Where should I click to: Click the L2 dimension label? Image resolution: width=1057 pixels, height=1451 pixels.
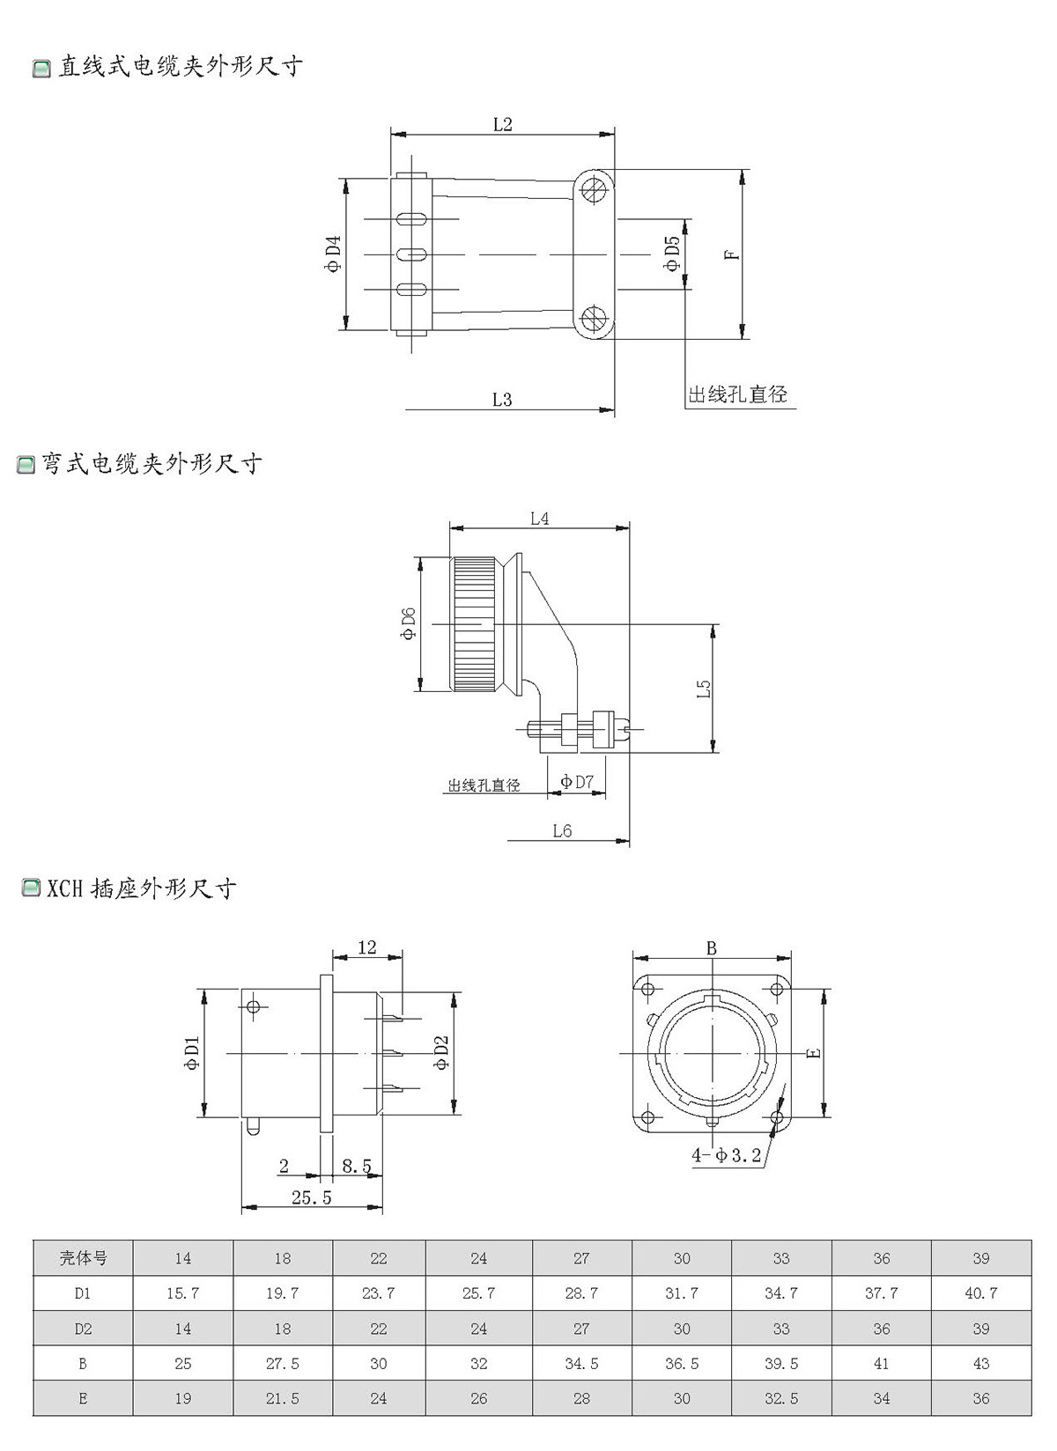click(x=502, y=124)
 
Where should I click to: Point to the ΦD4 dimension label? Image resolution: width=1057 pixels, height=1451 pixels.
click(x=333, y=254)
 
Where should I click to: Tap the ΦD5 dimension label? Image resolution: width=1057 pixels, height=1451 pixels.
click(x=672, y=254)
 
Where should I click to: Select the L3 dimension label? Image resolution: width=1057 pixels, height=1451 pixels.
click(x=502, y=399)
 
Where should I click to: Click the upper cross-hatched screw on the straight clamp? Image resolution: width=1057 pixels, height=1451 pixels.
click(x=593, y=189)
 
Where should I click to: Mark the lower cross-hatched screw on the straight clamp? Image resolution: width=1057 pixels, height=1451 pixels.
click(x=593, y=319)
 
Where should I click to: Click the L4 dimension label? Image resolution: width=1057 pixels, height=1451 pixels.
click(x=539, y=519)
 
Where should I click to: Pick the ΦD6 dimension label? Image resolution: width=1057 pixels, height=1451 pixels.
click(x=408, y=623)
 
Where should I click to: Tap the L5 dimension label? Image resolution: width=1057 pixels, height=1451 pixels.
click(x=704, y=688)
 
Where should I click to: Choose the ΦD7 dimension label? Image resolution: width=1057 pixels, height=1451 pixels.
click(x=577, y=782)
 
